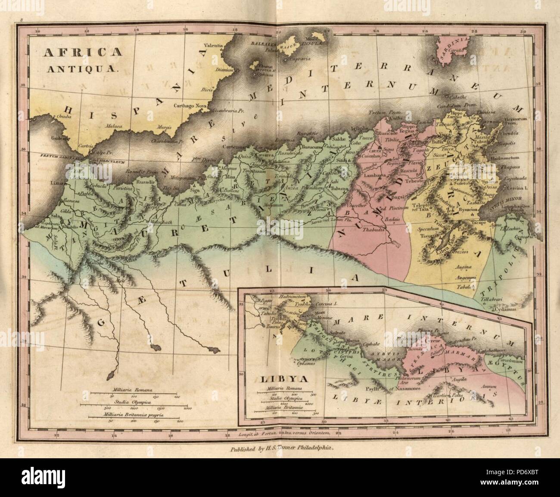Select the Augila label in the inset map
tap(458, 380)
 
